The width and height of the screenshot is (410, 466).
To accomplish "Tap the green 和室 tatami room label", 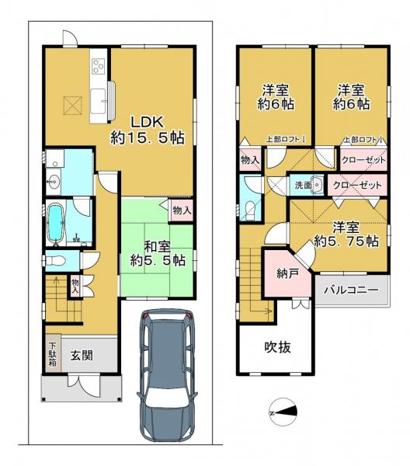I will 158,252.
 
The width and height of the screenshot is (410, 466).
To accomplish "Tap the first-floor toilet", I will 54,260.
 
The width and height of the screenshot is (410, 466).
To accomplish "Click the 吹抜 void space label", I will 276,347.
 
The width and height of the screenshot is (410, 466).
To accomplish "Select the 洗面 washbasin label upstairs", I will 301,186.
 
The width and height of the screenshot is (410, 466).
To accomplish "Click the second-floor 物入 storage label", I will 251,161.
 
